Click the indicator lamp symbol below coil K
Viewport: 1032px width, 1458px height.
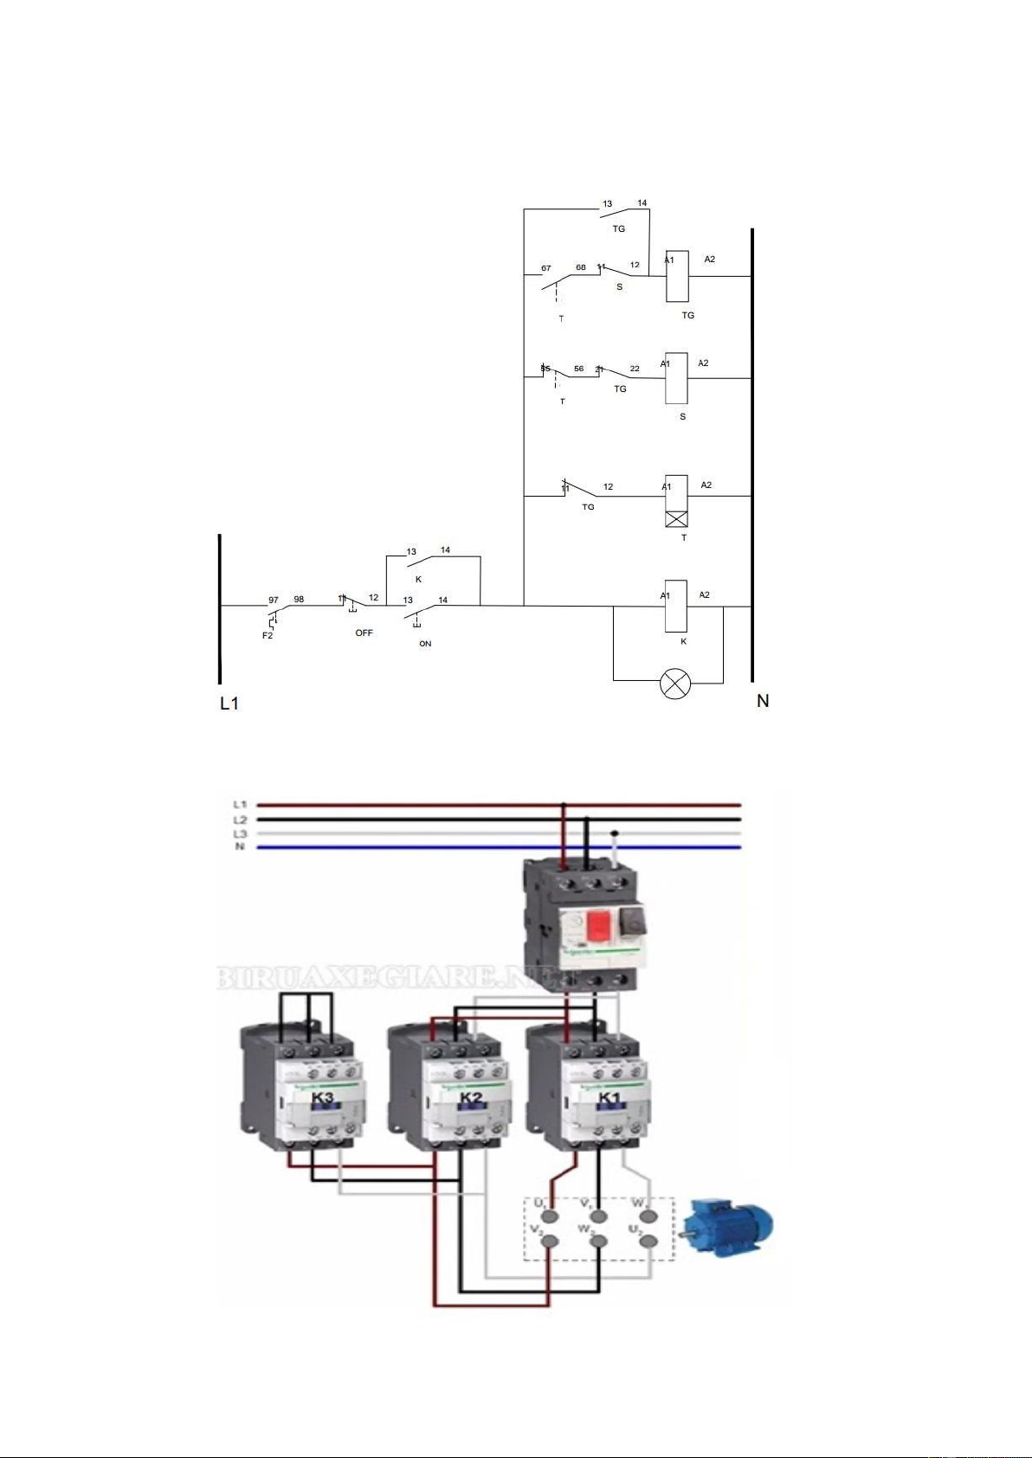[x=675, y=684]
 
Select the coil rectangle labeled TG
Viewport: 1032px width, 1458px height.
[x=677, y=276]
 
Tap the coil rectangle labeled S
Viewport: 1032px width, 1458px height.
[x=677, y=378]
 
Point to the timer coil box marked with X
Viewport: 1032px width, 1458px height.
[x=676, y=518]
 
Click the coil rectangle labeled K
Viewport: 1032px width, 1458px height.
[x=676, y=606]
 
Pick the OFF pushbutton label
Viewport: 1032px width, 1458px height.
[x=364, y=633]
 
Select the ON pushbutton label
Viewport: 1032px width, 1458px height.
[x=425, y=644]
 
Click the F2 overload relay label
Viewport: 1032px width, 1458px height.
[x=268, y=636]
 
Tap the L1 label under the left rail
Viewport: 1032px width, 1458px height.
[x=229, y=703]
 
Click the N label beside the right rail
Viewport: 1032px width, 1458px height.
[x=763, y=701]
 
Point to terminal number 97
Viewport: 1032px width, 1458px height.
[x=274, y=600]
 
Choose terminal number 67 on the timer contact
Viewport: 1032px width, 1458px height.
[x=546, y=268]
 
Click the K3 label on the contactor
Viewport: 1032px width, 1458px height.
[x=322, y=1098]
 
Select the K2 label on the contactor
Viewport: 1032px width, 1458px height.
[x=471, y=1098]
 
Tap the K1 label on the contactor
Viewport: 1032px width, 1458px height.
[x=610, y=1098]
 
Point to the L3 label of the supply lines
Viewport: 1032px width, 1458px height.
[x=240, y=833]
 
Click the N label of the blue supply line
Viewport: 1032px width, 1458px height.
[x=240, y=847]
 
